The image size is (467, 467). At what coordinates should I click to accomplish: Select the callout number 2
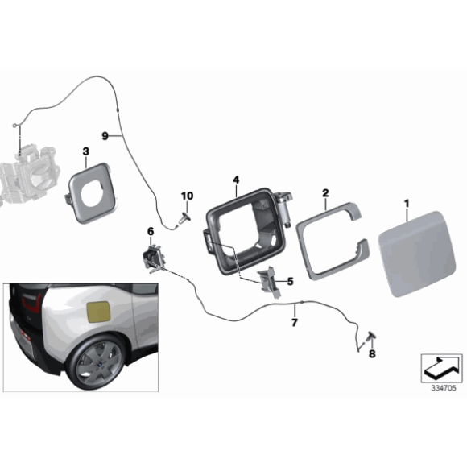(325, 193)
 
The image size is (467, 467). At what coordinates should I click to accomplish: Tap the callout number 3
(85, 151)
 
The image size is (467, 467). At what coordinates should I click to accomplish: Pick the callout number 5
(290, 282)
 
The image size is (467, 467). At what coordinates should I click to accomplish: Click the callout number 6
(151, 232)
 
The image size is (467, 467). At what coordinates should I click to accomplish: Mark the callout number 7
(295, 323)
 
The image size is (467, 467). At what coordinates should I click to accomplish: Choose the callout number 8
(372, 353)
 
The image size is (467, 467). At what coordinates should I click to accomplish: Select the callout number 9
(105, 136)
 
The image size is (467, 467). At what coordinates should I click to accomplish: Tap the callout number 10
(187, 196)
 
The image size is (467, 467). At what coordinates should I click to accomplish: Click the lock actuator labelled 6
(153, 257)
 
